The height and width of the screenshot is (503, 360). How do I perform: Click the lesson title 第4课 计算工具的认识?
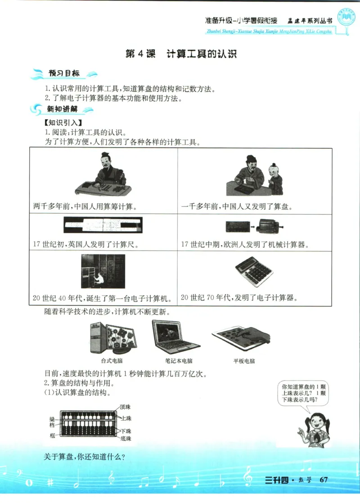coord(181,54)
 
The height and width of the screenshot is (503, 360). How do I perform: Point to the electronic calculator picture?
coord(253,272)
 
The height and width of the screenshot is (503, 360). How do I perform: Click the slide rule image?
coord(103,225)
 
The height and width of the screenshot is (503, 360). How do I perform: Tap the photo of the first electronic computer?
coord(103,271)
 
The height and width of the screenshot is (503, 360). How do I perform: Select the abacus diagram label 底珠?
coord(126,438)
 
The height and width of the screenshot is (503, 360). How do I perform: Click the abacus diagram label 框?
coord(52,436)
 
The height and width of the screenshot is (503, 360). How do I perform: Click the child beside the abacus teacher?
coord(275,178)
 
